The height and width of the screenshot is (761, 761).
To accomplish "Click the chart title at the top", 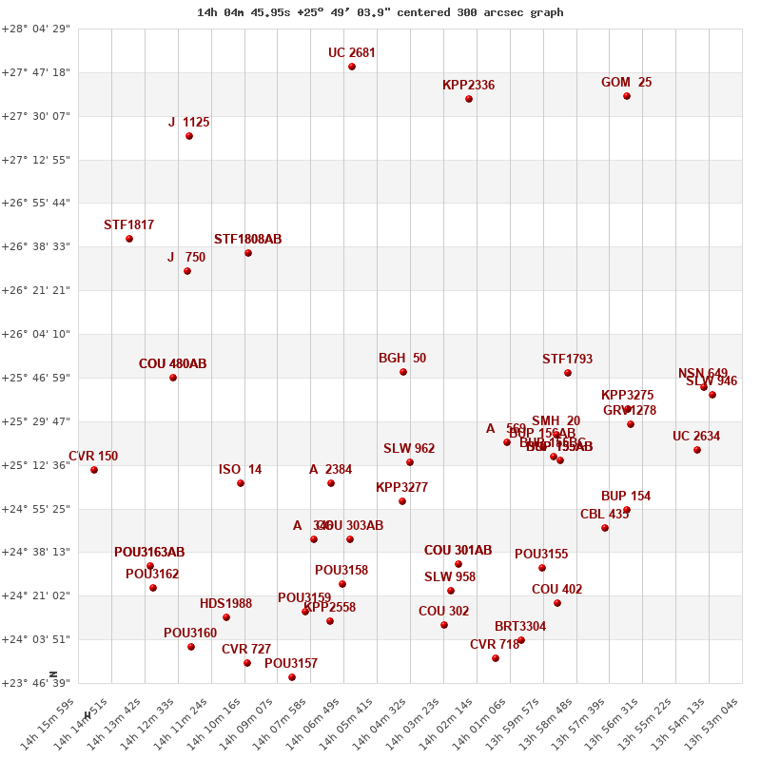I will coord(380,12).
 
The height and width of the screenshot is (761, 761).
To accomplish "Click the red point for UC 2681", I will coord(352,67).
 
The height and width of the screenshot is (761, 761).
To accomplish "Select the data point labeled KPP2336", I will coord(469,99).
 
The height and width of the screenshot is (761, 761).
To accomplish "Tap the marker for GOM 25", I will coord(627,96).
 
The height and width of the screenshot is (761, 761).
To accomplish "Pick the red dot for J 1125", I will coord(189,136).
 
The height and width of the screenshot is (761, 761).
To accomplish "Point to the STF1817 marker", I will coord(129,239).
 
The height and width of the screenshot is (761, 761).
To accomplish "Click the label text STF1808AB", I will coord(247,239).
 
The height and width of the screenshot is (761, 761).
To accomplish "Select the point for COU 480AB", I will coord(173,378).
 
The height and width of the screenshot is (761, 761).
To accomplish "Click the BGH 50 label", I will coord(402,359).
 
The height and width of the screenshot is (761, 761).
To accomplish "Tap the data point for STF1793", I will coord(568,373).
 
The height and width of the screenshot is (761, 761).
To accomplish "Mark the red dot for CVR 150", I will coord(94,470).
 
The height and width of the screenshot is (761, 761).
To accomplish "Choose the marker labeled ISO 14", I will coord(241,483).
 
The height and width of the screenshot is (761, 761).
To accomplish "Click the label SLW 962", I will coord(409,449).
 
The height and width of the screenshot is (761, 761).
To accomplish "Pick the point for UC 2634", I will coord(697,450).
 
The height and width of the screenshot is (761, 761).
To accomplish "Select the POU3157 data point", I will coord(292,677).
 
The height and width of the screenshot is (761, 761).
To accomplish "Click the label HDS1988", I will coord(225,604).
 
